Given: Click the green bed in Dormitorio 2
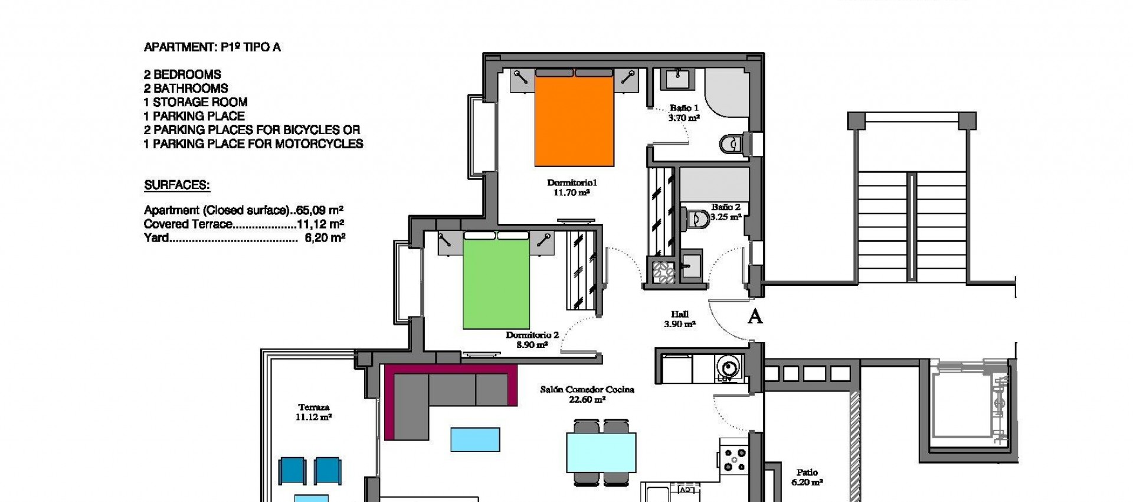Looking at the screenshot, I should [495, 283].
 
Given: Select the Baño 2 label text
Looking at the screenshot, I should [725, 207].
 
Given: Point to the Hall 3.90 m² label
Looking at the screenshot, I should [679, 320].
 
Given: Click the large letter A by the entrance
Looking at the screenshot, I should [755, 317].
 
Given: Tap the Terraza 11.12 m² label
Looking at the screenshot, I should [313, 412].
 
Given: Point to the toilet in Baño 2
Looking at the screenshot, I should [698, 219].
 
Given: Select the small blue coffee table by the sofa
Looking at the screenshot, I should [475, 439].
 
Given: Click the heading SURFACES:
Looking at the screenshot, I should [177, 185].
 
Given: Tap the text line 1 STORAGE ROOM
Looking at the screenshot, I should [195, 102].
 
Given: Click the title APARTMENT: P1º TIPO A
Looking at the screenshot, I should [212, 48].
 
